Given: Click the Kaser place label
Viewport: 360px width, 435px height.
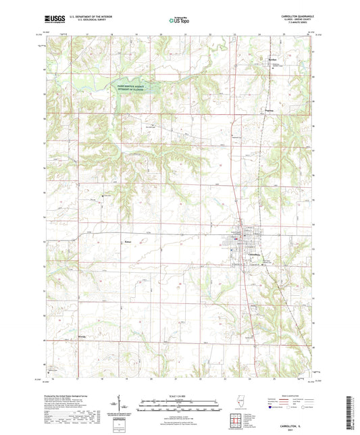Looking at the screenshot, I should (x=109, y=238).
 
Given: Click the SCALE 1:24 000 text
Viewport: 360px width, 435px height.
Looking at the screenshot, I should (x=180, y=396).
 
